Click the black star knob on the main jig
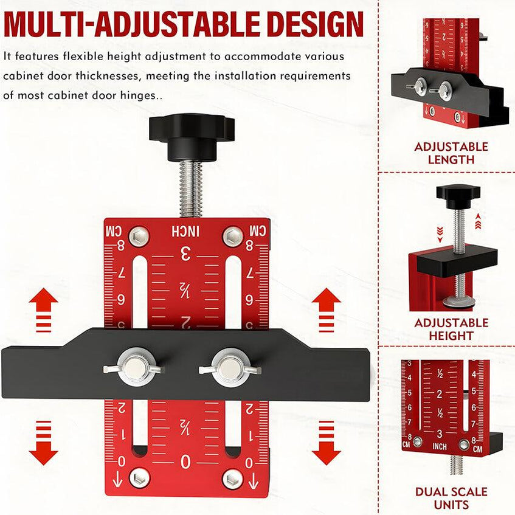click(192, 134)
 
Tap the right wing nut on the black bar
click(230, 367)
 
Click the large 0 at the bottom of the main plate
click(185, 463)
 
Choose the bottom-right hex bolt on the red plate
click(232, 478)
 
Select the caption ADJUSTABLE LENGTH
click(451, 153)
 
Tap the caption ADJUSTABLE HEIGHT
click(451, 329)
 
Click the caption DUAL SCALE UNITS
click(451, 498)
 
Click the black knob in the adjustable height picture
click(458, 196)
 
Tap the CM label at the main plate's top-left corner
click(114, 232)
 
